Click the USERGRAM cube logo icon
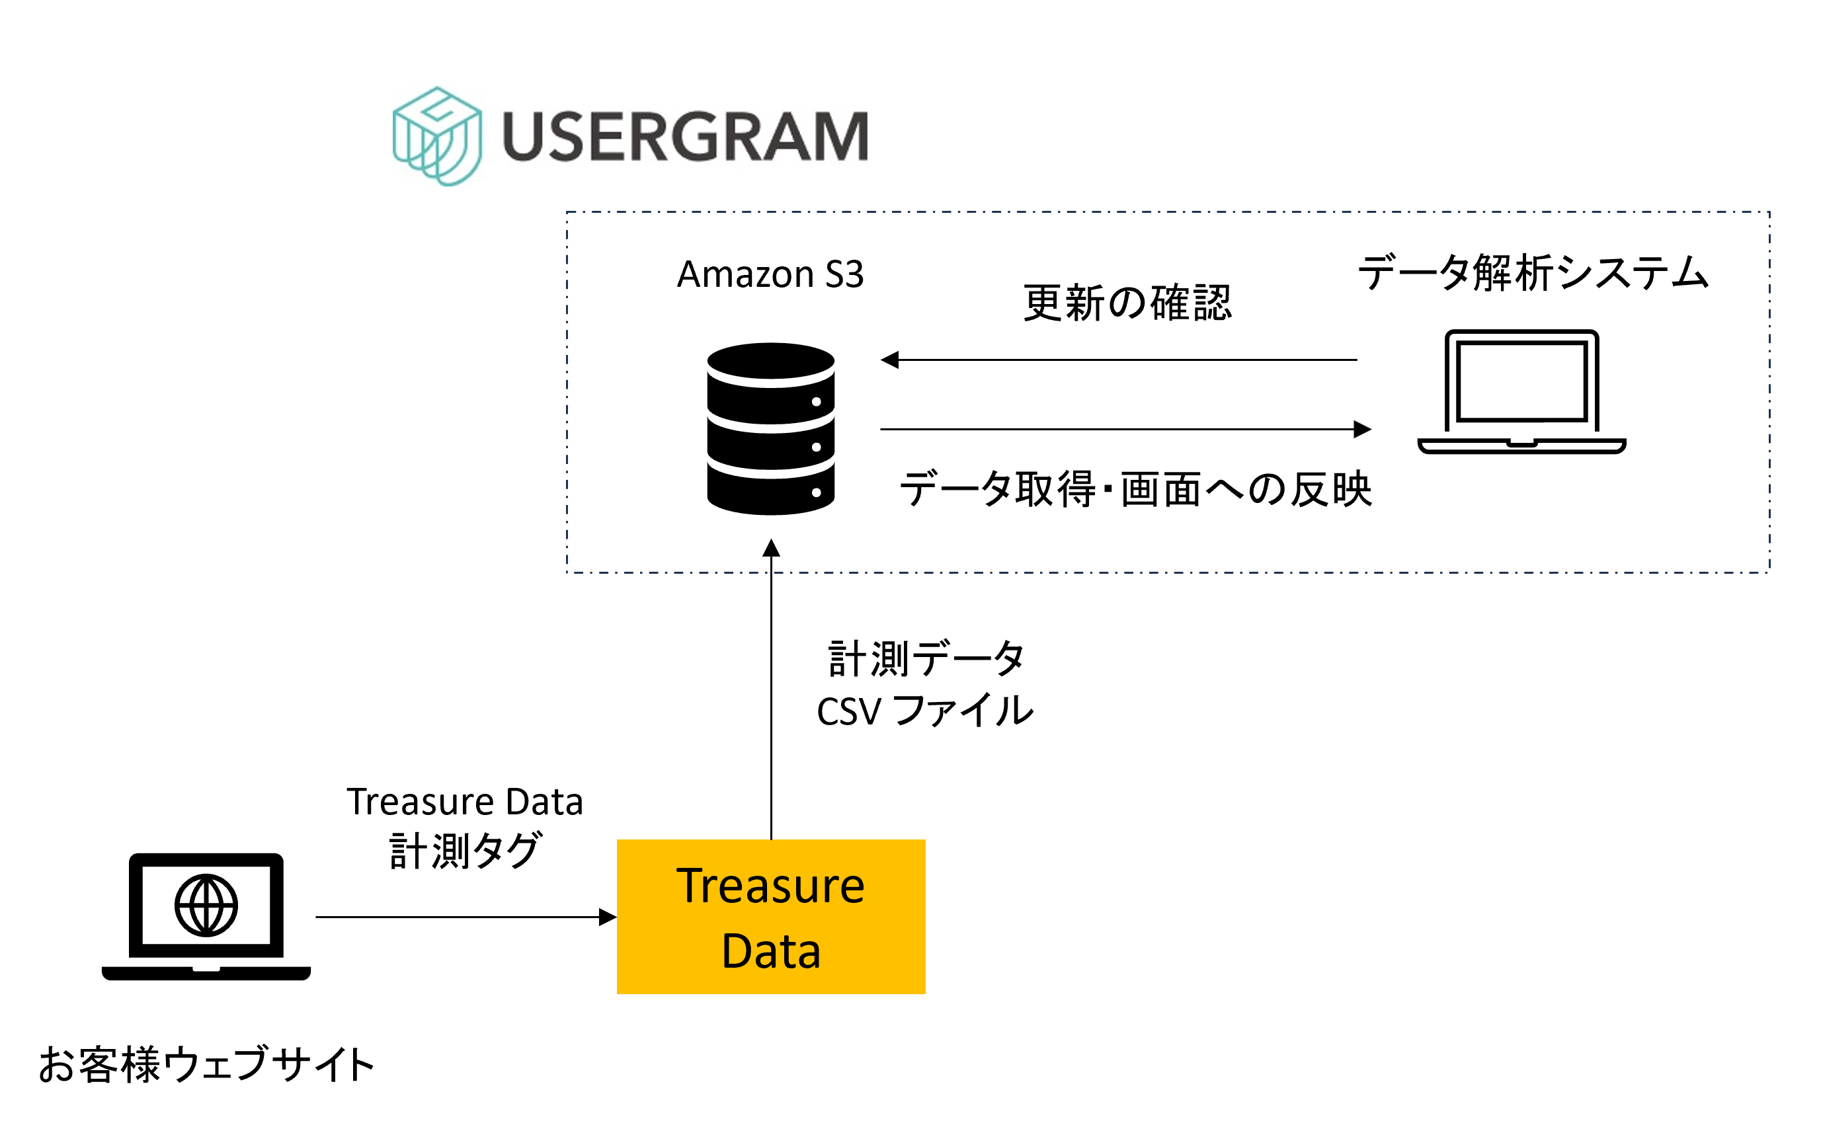pyautogui.click(x=437, y=136)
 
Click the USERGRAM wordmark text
pyautogui.click(x=685, y=136)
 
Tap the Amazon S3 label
pyautogui.click(x=770, y=274)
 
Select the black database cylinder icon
pyautogui.click(x=770, y=428)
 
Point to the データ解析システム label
pyautogui.click(x=1533, y=273)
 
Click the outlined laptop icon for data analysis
pyautogui.click(x=1521, y=391)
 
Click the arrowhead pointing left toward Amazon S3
pyautogui.click(x=889, y=360)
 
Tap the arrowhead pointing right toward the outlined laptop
pyautogui.click(x=1362, y=430)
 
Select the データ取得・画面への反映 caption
pyautogui.click(x=1135, y=490)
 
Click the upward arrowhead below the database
pyautogui.click(x=771, y=548)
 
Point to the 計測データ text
pyautogui.click(x=926, y=659)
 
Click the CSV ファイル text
pyautogui.click(x=924, y=711)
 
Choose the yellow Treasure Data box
pyautogui.click(x=771, y=916)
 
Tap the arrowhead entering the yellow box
pyautogui.click(x=608, y=917)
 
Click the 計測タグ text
pyautogui.click(x=464, y=851)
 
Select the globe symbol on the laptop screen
pyautogui.click(x=206, y=905)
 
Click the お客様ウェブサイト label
pyautogui.click(x=206, y=1064)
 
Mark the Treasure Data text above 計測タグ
pyautogui.click(x=464, y=802)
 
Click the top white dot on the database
pyautogui.click(x=816, y=402)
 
